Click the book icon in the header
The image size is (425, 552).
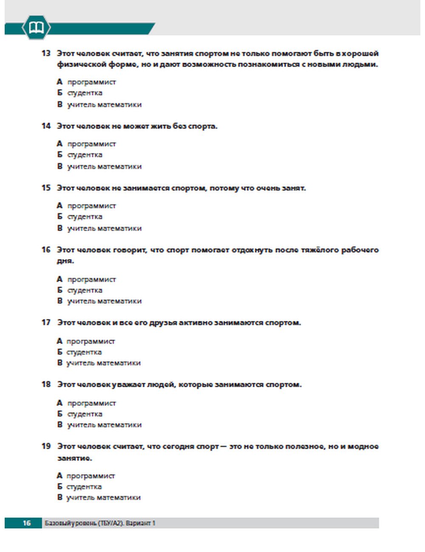point(36,28)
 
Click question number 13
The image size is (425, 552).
point(46,53)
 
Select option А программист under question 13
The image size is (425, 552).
point(91,82)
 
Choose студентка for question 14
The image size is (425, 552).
point(85,155)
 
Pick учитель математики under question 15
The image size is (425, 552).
point(104,228)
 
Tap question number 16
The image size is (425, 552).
point(46,250)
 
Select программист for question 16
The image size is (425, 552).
point(91,279)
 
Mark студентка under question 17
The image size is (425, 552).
point(84,352)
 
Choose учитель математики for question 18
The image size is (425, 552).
point(104,425)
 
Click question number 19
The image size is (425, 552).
point(46,446)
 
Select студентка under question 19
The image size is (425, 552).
point(84,487)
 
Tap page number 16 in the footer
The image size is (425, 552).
point(27,523)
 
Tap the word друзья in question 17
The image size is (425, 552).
point(163,323)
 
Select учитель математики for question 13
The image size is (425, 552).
point(104,104)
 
